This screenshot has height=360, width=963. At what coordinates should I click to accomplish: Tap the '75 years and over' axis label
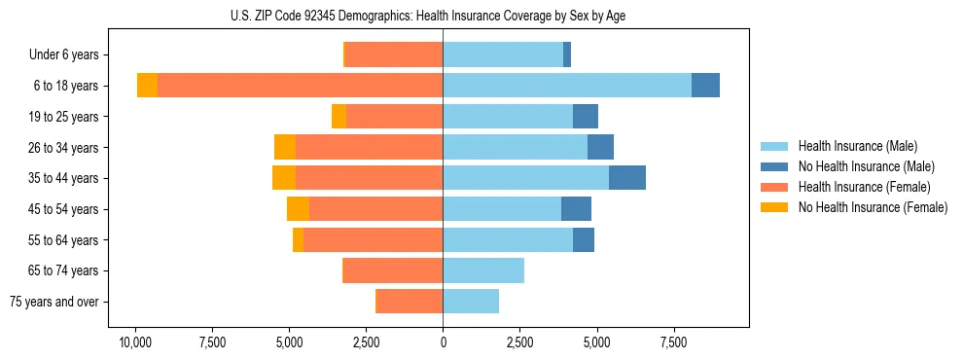point(54,302)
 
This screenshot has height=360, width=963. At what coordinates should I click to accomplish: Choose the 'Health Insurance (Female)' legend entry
point(865,187)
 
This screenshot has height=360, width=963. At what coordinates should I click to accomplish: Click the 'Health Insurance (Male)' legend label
point(858,146)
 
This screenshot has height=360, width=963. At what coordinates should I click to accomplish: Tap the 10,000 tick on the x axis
point(135,342)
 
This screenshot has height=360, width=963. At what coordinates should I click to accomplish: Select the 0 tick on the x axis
point(443,342)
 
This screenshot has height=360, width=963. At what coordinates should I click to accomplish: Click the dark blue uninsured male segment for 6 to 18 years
point(705,86)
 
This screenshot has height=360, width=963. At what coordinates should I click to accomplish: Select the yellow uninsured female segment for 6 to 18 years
point(147,86)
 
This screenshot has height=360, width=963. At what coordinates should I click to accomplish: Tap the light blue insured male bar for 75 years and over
point(471,302)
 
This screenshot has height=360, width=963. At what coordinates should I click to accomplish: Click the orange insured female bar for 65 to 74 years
point(393,270)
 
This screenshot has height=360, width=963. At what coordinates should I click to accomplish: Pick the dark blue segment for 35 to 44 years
point(627,178)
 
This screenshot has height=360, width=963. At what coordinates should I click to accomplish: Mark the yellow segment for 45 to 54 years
point(298,209)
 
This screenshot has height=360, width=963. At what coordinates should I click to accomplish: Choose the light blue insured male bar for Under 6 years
point(503,55)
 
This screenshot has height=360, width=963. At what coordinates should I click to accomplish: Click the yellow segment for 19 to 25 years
point(339,117)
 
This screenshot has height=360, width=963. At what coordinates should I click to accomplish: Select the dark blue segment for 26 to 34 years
point(600,148)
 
